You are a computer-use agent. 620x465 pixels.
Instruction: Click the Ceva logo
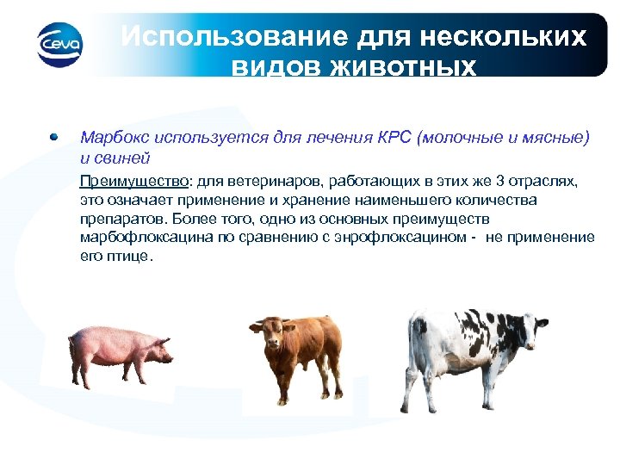tap(59, 41)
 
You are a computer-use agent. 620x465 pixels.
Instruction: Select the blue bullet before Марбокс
tap(53, 137)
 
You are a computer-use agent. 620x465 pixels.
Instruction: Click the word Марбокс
tap(110, 138)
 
